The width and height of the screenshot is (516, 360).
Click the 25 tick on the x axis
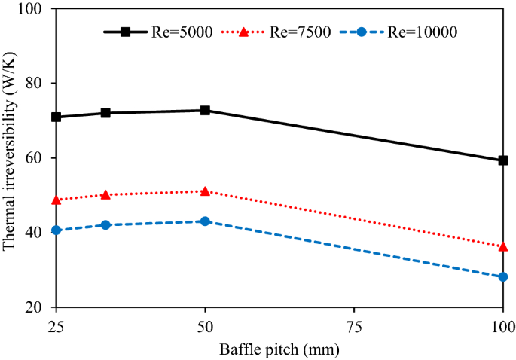click(56, 325)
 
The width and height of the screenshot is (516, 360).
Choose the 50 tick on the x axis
click(205, 325)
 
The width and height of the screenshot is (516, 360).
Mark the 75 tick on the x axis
click(353, 325)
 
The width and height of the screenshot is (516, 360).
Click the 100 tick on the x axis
click(502, 325)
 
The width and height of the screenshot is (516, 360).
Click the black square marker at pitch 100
click(502, 160)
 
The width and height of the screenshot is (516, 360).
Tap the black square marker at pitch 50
click(205, 110)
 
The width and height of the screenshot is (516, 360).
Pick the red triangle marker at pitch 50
click(205, 191)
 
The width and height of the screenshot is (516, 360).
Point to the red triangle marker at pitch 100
click(502, 246)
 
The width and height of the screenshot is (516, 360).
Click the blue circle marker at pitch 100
click(502, 277)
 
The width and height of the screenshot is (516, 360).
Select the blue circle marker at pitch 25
click(56, 230)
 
